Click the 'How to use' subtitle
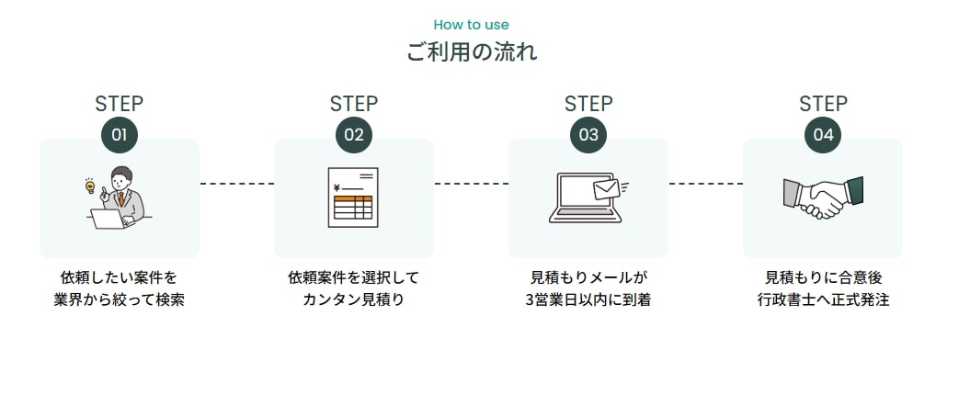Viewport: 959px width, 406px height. [x=471, y=25]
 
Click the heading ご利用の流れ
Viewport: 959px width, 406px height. [x=472, y=51]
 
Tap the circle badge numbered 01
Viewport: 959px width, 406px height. [x=119, y=135]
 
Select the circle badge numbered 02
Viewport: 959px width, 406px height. [x=354, y=135]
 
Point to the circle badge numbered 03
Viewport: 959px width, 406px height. [x=588, y=135]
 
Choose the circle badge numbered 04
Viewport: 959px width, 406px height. [x=823, y=135]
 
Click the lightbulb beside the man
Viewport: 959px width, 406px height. [x=90, y=186]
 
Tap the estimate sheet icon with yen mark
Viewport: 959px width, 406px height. [x=353, y=197]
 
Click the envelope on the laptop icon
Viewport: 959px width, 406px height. [x=606, y=189]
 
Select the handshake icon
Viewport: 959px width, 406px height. [x=823, y=197]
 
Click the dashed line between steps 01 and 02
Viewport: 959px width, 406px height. [x=236, y=184]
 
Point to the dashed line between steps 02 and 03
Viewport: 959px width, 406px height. [x=471, y=184]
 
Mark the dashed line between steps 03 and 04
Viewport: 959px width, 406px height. [x=705, y=184]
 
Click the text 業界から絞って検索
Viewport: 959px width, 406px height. [x=119, y=300]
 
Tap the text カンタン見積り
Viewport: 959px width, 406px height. [x=354, y=300]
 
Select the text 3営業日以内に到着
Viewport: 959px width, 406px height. [x=588, y=300]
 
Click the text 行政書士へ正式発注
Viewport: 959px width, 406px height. [x=823, y=300]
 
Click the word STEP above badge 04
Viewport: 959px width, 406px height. [x=823, y=104]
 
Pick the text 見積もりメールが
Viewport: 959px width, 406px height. [x=588, y=277]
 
